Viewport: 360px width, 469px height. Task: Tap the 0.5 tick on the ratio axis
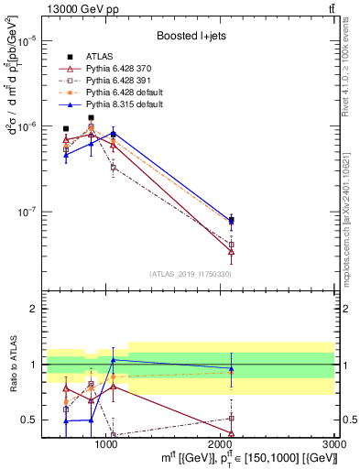28,420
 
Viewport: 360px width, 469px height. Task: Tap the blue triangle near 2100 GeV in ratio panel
231,368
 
